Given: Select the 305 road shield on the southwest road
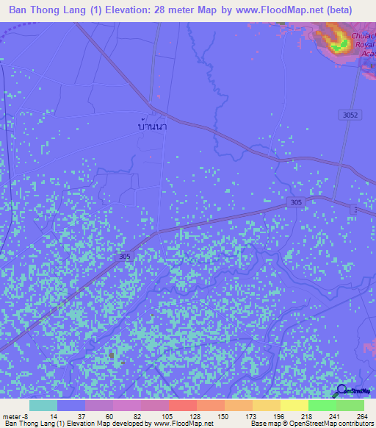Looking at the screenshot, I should pos(126,256).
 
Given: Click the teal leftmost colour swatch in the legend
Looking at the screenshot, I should pos(43,405).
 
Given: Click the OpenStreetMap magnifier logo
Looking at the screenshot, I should pos(342,390).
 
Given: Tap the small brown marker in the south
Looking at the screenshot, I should pos(112,356).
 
